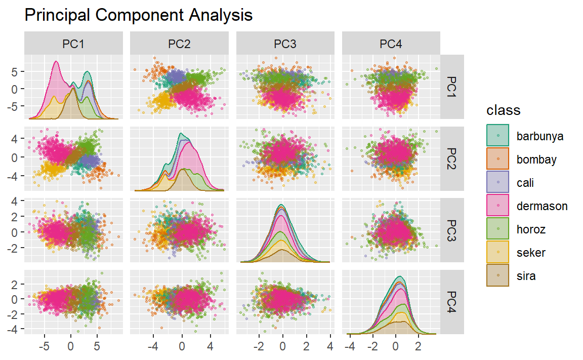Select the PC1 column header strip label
tap(73, 45)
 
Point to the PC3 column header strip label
tap(285, 45)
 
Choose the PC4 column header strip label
tap(391, 45)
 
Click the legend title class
tap(503, 110)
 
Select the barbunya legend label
tap(540, 136)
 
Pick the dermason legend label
tap(542, 206)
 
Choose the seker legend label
tap(531, 253)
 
